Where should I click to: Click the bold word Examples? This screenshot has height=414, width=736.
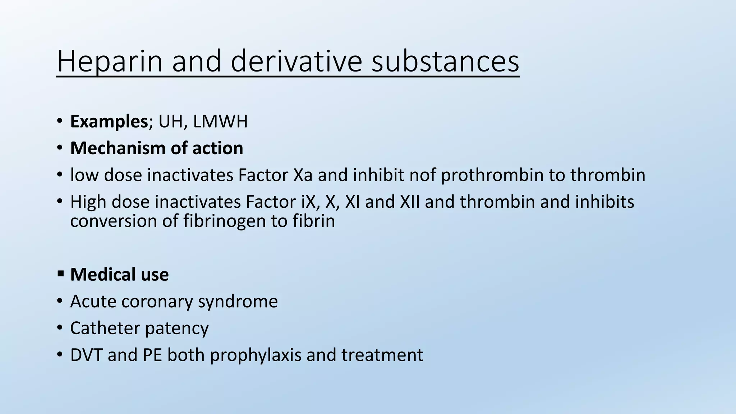pyautogui.click(x=109, y=121)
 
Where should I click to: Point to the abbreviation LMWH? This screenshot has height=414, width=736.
pyautogui.click(x=220, y=121)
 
